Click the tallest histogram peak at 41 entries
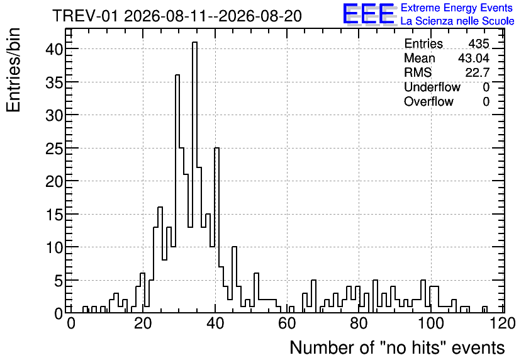194,42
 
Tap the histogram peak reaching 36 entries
177,75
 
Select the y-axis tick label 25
54,149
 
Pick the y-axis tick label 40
54,49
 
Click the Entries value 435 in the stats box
479,43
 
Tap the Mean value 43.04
474,58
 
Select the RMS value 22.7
477,72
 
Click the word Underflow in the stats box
432,87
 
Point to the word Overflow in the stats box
428,101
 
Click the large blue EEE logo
369,14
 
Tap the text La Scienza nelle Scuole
457,21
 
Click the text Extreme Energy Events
457,8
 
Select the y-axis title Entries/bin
14,70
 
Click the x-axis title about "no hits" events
397,347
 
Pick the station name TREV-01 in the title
86,16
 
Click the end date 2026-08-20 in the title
260,16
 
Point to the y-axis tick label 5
59,281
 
